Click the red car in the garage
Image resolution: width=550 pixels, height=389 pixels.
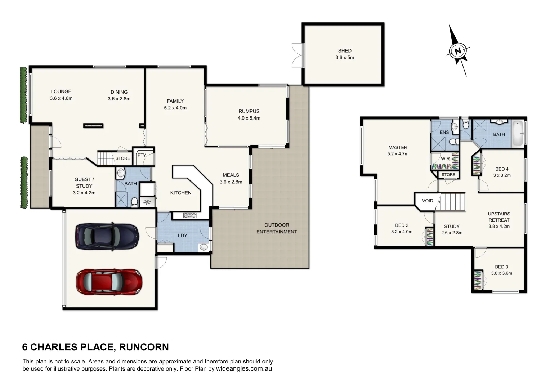(109, 281)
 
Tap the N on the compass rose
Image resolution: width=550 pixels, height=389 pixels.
(458, 51)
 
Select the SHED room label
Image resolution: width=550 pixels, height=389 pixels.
(345, 51)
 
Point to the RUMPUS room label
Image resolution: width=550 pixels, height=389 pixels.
(249, 111)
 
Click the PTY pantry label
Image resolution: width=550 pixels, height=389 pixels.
(142, 155)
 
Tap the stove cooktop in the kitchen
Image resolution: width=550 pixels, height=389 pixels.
(190, 215)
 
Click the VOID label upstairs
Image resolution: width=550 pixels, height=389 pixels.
(428, 201)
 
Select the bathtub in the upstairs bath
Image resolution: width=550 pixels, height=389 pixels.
(518, 133)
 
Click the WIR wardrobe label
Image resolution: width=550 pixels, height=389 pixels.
(445, 159)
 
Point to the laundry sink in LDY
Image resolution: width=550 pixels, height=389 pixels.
(204, 247)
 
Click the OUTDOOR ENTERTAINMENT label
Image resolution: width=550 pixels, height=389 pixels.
(277, 228)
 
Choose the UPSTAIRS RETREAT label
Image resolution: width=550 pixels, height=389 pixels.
(499, 217)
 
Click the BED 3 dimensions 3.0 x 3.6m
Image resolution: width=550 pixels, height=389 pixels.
(501, 273)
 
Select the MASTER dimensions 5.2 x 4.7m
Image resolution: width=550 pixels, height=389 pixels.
(398, 154)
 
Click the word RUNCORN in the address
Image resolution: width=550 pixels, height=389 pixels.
(144, 347)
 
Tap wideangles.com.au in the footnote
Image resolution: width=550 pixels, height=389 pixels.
(244, 369)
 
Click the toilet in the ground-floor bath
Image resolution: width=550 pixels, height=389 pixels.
(135, 202)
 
